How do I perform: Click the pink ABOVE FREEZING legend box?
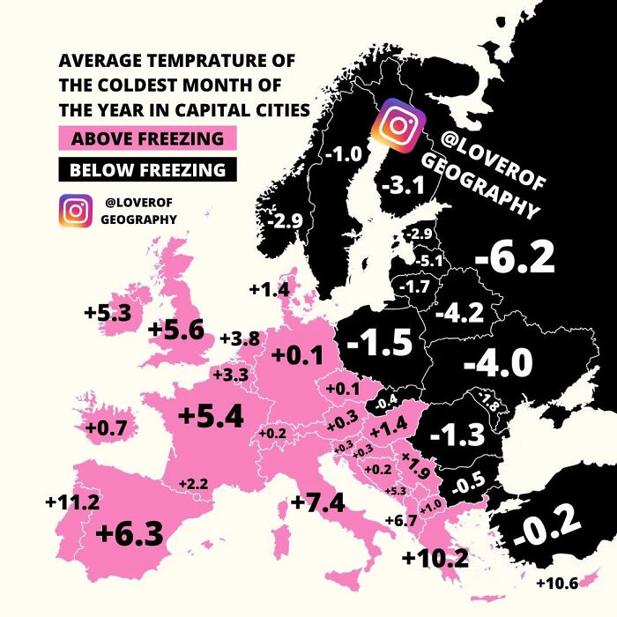147,138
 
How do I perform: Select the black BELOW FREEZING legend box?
147,169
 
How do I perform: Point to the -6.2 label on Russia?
514,257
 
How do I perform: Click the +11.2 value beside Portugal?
72,502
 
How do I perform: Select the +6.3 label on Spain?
130,533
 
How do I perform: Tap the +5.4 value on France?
210,417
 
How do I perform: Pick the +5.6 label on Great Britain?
176,330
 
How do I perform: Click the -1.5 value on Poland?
379,344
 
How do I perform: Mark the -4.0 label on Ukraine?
498,362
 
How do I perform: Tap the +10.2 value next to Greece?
435,558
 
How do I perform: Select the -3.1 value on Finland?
405,184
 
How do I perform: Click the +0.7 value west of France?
106,428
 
